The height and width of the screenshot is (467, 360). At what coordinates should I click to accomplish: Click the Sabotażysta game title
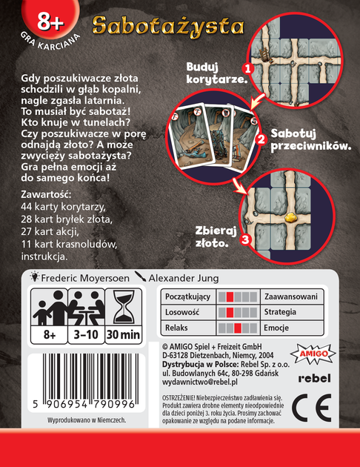[x=168, y=25]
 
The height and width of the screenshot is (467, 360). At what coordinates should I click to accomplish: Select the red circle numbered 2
[x=260, y=138]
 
